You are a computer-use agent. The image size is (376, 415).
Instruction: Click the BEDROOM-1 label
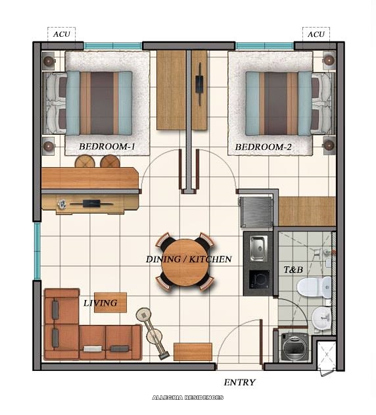tap(107, 147)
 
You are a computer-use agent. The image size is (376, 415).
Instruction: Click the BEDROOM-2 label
tap(263, 147)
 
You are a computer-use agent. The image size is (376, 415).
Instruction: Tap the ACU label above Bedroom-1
tap(61, 34)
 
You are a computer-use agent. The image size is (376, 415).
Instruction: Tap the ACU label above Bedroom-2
tap(316, 34)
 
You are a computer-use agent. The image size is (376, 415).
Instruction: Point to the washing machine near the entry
tap(294, 346)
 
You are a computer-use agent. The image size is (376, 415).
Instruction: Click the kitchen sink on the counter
tap(257, 247)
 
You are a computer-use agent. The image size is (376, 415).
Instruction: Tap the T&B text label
tap(293, 270)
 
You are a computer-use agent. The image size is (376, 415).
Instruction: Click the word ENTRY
tap(239, 382)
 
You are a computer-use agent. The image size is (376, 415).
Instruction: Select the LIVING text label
tap(100, 303)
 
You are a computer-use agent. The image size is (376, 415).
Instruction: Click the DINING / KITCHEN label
tap(189, 259)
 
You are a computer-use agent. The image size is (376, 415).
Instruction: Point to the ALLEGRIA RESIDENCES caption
tap(187, 397)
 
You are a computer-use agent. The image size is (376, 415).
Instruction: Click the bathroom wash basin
tap(321, 319)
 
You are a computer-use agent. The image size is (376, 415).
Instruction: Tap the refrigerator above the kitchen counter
tap(256, 212)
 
